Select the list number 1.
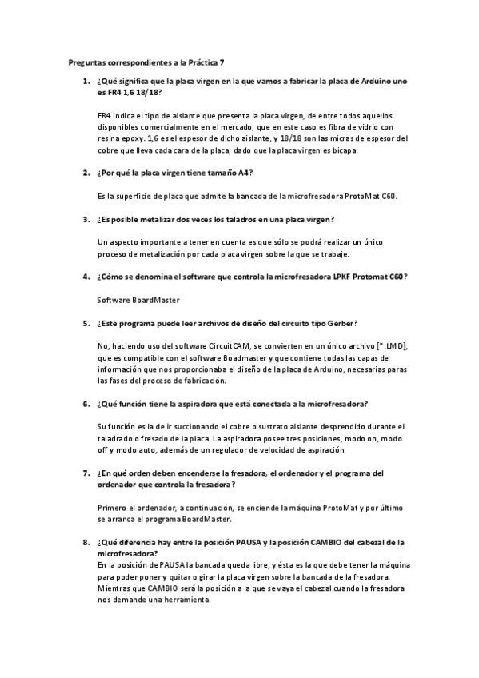(85, 82)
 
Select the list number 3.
(85, 218)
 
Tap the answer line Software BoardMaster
(138, 300)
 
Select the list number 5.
(85, 323)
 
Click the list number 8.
(85, 542)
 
